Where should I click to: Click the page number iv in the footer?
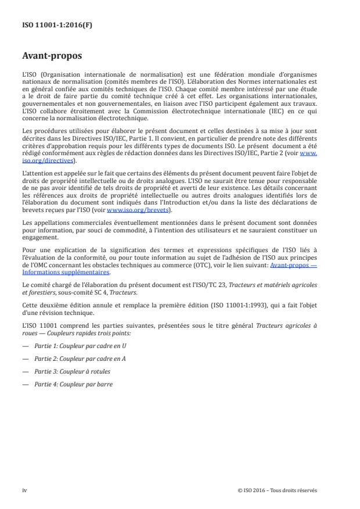coord(24,490)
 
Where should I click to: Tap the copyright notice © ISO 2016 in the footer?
coord(278,490)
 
